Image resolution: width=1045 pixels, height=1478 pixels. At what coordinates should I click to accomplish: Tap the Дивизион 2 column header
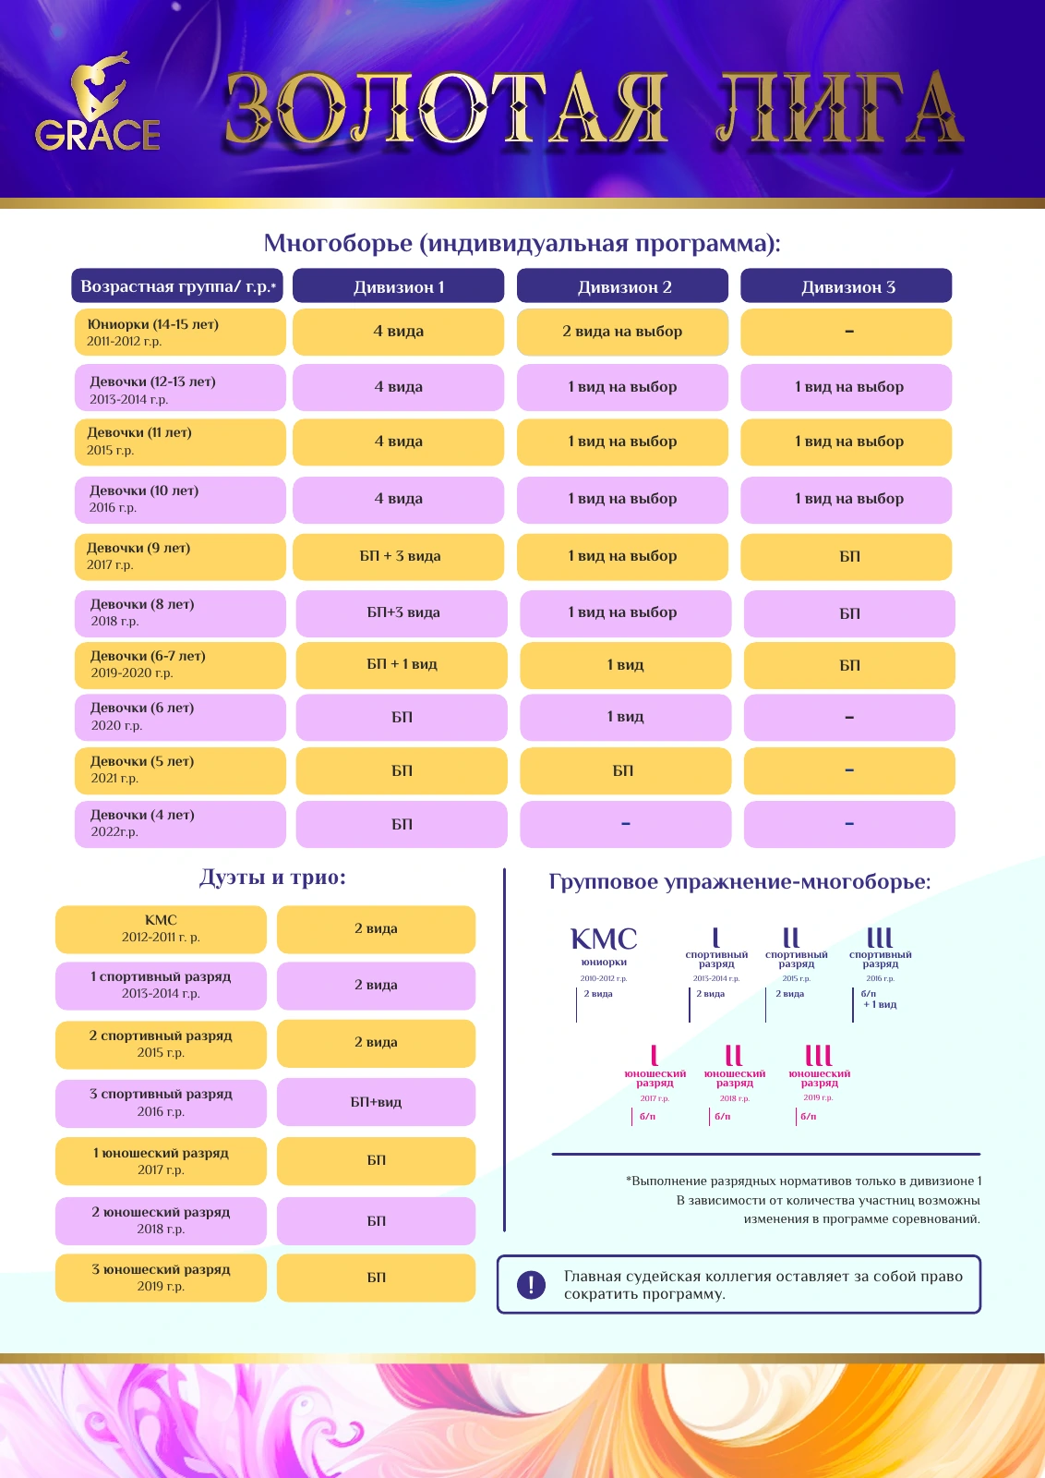tap(622, 285)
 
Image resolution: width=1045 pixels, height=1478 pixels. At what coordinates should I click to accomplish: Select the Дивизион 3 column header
tap(847, 285)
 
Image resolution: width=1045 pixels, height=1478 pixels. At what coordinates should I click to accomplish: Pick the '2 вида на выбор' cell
tap(622, 332)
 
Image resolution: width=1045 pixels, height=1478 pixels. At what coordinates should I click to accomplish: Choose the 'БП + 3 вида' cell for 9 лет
tap(399, 556)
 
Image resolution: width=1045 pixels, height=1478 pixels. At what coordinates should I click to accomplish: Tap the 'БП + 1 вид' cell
tap(402, 664)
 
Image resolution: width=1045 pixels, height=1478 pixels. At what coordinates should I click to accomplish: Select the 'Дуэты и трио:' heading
tap(272, 877)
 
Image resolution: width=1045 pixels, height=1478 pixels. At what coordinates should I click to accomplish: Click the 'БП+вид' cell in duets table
tap(376, 1102)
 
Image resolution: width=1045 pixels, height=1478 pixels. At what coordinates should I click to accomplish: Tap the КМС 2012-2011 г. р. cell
tap(161, 928)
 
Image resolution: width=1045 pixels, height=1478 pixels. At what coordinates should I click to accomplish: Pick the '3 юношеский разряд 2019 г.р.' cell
tap(161, 1278)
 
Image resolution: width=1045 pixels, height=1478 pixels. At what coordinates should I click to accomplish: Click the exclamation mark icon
tap(532, 1285)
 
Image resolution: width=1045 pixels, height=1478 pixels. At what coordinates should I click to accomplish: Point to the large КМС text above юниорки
tap(603, 939)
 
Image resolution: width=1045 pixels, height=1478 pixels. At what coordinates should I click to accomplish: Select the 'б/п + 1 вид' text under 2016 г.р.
tap(878, 999)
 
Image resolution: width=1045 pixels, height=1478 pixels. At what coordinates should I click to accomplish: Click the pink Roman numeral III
tap(818, 1054)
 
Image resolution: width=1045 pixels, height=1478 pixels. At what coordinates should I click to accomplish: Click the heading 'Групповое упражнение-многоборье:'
tap(739, 881)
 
